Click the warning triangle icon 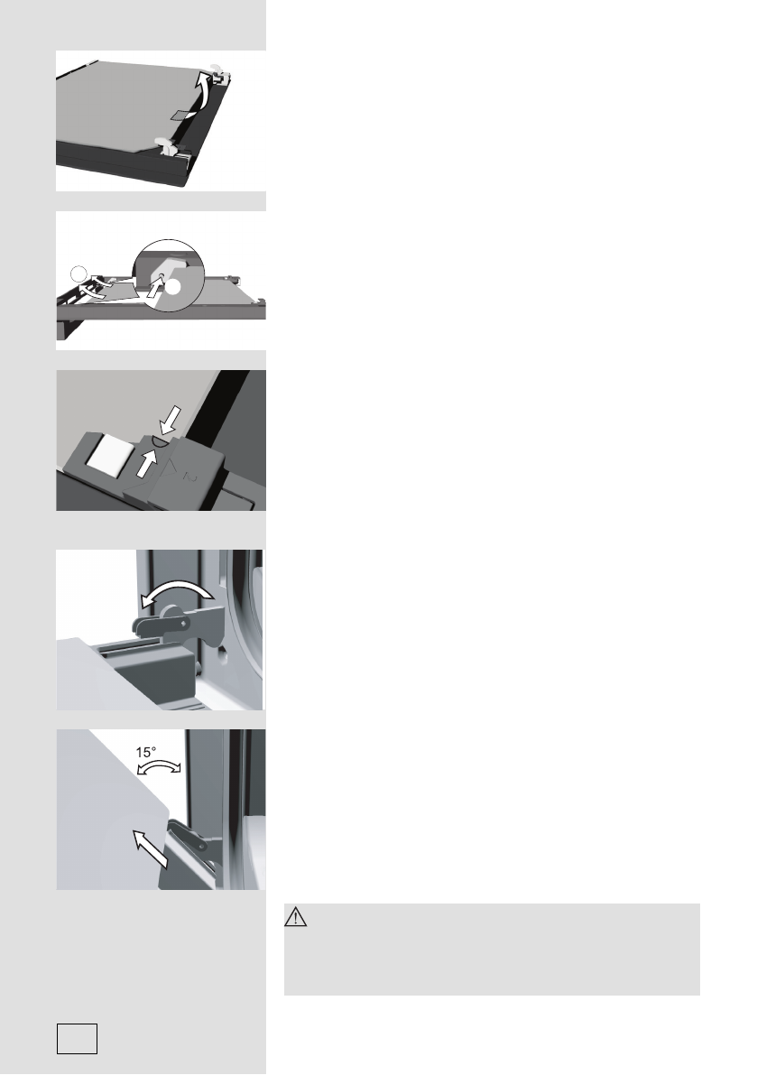coord(297,919)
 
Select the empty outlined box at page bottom coord(77,1038)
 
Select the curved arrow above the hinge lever coord(176,592)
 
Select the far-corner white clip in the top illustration coord(222,68)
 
